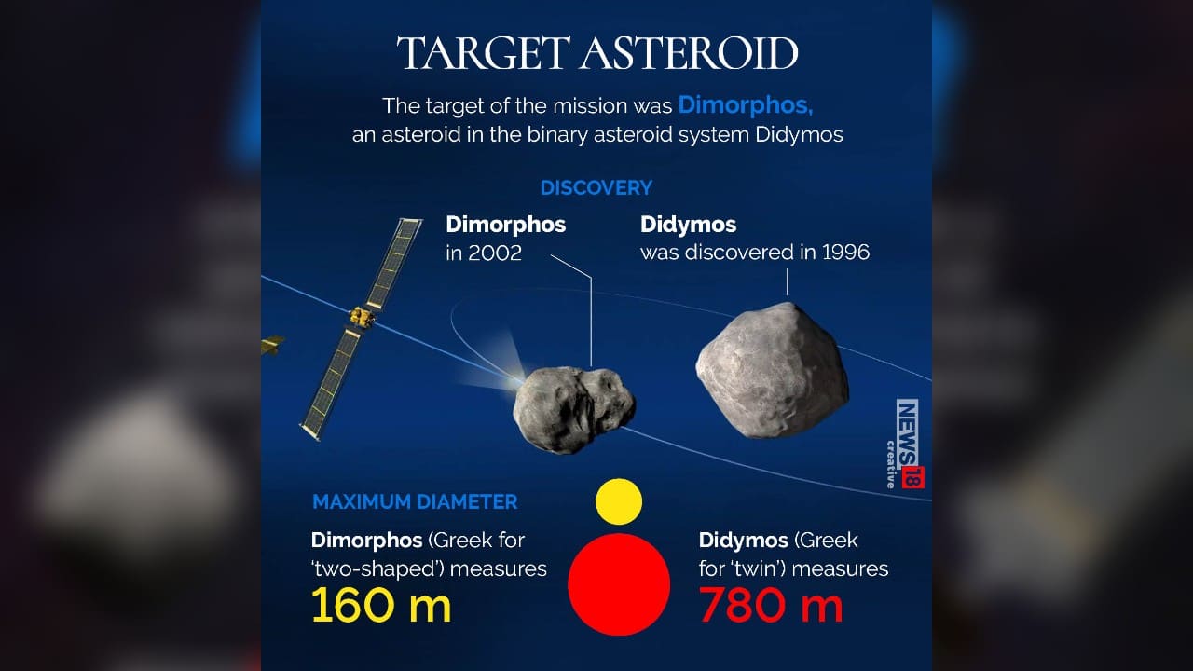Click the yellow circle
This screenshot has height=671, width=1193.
tap(619, 501)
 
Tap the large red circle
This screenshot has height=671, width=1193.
tap(619, 584)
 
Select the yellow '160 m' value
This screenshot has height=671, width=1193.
tap(381, 606)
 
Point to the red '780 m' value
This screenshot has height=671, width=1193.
tap(771, 606)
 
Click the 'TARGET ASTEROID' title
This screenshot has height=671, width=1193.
tap(597, 54)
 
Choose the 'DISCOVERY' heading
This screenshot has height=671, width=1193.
tap(596, 187)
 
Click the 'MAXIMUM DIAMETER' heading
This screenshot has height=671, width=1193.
tap(415, 501)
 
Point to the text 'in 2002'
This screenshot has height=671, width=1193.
tap(484, 253)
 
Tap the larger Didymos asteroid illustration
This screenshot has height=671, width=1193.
tap(772, 370)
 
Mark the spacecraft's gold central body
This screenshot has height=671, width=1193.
tap(361, 317)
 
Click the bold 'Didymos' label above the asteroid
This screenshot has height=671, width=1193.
tap(688, 225)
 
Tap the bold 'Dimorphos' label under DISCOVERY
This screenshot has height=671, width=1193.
tap(505, 225)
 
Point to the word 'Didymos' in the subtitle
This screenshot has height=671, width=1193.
tap(796, 134)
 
